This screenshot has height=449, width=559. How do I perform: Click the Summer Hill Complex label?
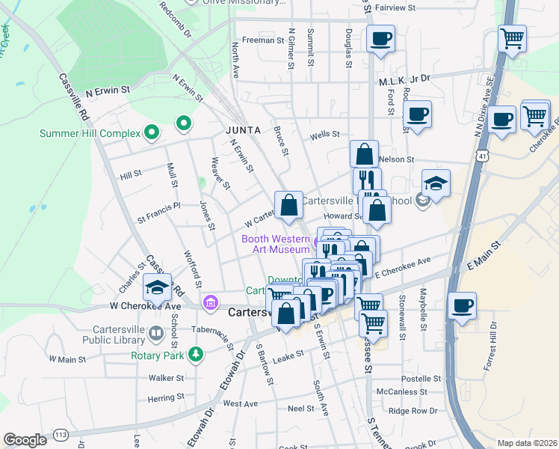90,134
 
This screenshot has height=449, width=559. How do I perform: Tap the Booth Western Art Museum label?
275,244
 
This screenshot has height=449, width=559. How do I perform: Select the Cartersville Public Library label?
120,334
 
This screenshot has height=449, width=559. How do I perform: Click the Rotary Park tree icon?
196,354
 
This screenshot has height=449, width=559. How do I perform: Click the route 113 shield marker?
61,435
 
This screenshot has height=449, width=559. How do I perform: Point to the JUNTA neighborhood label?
243,129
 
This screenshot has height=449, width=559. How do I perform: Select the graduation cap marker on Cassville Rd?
158,287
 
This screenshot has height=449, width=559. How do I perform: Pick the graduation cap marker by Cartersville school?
436,182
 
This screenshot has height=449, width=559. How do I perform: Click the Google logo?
25,440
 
